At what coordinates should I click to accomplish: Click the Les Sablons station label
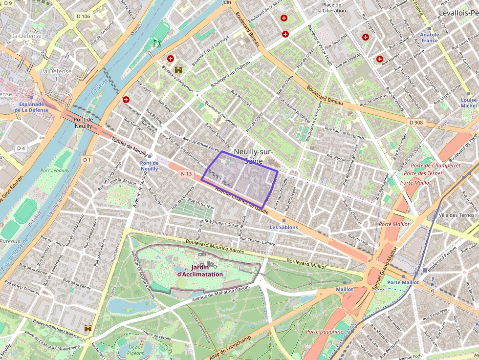pos(284,228)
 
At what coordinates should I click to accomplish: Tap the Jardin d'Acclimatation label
pos(200,271)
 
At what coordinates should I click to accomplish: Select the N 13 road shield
pos(186,173)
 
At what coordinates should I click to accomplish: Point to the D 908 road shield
pos(416,122)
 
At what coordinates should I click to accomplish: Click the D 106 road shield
pos(84,17)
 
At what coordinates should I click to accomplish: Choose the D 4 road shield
pos(21,148)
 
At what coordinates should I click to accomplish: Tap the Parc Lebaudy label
pos(55,170)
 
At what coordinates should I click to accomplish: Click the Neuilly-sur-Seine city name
pos(253,156)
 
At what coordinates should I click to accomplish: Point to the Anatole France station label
pos(430,38)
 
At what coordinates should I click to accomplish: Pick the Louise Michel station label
pos(468,103)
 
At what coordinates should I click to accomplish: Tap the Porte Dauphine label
pos(325,332)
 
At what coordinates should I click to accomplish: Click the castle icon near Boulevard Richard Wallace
pos(88,328)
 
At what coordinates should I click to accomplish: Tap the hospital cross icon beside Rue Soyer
pos(126,100)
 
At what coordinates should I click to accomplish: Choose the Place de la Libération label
pos(331,7)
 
